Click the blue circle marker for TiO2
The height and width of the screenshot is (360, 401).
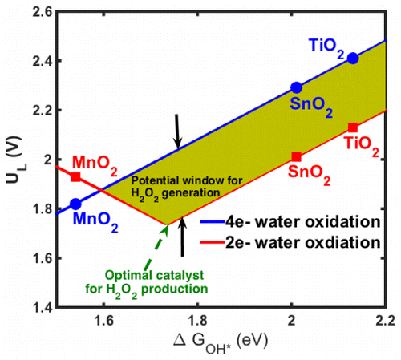[353, 58]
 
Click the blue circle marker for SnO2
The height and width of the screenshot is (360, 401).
[296, 87]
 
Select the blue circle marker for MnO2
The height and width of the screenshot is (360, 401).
[75, 204]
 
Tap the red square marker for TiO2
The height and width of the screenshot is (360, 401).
[353, 127]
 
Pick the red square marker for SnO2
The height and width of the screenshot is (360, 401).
[296, 156]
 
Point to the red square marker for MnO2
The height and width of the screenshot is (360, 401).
[75, 176]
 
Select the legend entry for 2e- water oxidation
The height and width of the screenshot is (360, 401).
[301, 241]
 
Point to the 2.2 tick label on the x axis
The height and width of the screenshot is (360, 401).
[384, 321]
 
